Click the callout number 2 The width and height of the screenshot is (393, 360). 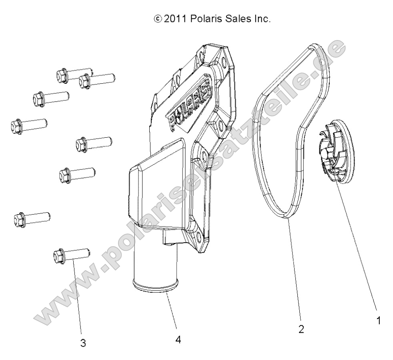point(301,329)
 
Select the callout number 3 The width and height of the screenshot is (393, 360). point(83,343)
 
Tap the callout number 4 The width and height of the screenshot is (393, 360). point(178,340)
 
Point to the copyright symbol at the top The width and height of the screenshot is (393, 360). point(158,19)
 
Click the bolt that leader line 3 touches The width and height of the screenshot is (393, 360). point(71,255)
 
